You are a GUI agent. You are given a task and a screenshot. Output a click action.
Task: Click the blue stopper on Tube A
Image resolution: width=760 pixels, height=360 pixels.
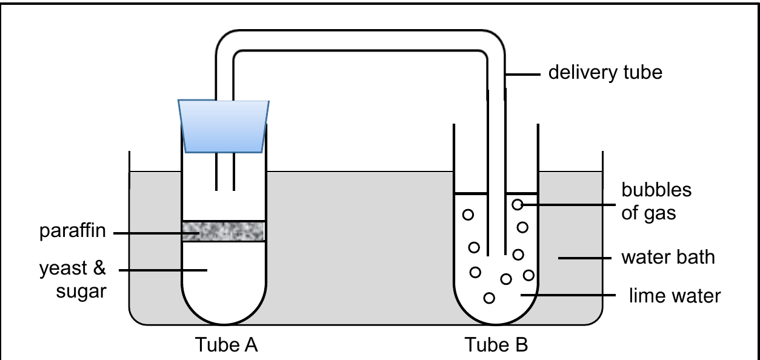point(224,126)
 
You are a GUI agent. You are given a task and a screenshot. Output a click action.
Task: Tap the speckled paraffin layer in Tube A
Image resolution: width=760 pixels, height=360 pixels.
point(224,232)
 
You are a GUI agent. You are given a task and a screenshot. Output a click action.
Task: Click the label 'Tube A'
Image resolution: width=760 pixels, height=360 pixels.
point(226,345)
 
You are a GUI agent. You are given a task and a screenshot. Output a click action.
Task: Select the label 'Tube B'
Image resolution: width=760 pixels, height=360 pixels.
point(496,345)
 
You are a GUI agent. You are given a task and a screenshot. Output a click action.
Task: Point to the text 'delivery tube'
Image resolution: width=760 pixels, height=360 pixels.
point(605,72)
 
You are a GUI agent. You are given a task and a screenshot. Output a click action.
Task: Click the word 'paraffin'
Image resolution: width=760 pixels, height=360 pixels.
point(73,231)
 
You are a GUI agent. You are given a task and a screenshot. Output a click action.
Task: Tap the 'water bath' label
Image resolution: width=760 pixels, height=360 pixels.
point(668,257)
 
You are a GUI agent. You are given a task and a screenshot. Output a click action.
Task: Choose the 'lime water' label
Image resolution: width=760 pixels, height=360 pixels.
point(675,296)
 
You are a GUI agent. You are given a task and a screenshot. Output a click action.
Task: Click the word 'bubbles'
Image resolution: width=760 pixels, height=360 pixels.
point(656,190)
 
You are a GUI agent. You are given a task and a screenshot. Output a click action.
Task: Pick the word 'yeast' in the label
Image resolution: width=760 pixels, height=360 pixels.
point(64,268)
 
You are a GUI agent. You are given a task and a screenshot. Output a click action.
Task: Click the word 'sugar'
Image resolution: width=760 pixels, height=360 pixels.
point(81,292)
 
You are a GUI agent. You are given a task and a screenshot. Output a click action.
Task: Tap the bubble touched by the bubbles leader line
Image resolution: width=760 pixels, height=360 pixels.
point(517,204)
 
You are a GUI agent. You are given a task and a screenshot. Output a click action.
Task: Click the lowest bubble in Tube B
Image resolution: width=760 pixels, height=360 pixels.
point(489,298)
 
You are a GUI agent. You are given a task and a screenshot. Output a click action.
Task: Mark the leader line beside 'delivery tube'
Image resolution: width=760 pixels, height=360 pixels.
point(523,75)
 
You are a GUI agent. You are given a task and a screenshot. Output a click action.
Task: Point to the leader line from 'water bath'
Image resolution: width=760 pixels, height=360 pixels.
point(585,258)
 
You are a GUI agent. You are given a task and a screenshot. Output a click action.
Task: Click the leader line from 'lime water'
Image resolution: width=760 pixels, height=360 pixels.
point(568,295)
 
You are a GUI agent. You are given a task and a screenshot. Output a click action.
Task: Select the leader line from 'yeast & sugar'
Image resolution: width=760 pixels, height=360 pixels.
point(163,270)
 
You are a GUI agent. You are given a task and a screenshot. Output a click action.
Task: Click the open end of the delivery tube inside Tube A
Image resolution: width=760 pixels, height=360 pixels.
point(225,190)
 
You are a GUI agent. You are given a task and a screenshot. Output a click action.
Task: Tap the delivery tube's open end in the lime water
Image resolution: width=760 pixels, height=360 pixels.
point(497,255)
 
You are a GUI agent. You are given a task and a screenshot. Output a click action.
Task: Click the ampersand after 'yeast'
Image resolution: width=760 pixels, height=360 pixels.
point(99,268)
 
